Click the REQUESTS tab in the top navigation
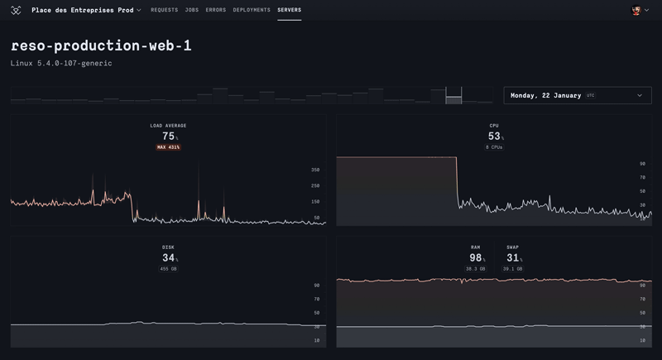coord(164,10)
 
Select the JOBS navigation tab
coord(191,10)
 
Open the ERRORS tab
coord(215,10)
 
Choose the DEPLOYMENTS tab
coord(252,10)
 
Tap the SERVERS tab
coord(290,10)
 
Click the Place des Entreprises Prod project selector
coord(86,10)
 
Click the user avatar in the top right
coord(636,10)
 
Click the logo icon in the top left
coord(16,10)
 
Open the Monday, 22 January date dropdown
coord(576,95)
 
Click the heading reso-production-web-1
coord(101,46)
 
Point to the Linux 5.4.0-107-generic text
coord(61,63)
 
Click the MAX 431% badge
coord(168,147)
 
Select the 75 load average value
coord(168,137)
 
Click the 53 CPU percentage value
coord(494,137)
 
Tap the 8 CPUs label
coord(494,147)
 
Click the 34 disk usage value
coord(168,258)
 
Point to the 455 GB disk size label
coord(168,269)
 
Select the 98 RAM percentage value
coord(475,258)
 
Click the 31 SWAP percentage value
coord(512,258)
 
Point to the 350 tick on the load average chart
coord(315,170)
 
